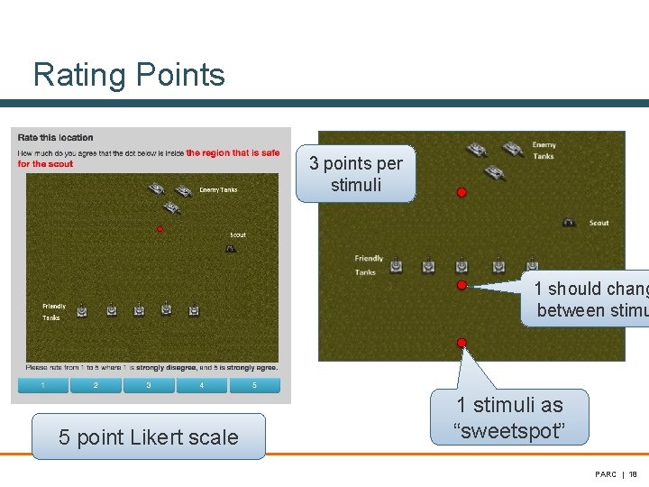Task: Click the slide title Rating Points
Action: click(129, 75)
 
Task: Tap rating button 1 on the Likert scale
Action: click(43, 386)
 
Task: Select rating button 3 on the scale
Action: click(149, 386)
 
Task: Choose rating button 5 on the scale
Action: click(254, 386)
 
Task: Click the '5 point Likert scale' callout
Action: click(149, 437)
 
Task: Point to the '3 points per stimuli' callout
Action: click(356, 174)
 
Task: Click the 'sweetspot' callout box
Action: click(509, 418)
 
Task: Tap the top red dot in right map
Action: click(462, 192)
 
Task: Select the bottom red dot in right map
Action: click(462, 343)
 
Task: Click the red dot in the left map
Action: click(160, 229)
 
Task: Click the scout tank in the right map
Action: click(570, 222)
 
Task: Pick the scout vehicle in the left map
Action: click(232, 248)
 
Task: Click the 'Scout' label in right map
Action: click(599, 223)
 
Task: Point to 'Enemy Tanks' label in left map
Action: click(218, 190)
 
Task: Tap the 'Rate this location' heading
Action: click(56, 138)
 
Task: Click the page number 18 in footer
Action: click(633, 474)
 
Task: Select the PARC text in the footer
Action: click(606, 474)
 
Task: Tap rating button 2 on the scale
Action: click(96, 386)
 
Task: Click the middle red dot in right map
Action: click(462, 285)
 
